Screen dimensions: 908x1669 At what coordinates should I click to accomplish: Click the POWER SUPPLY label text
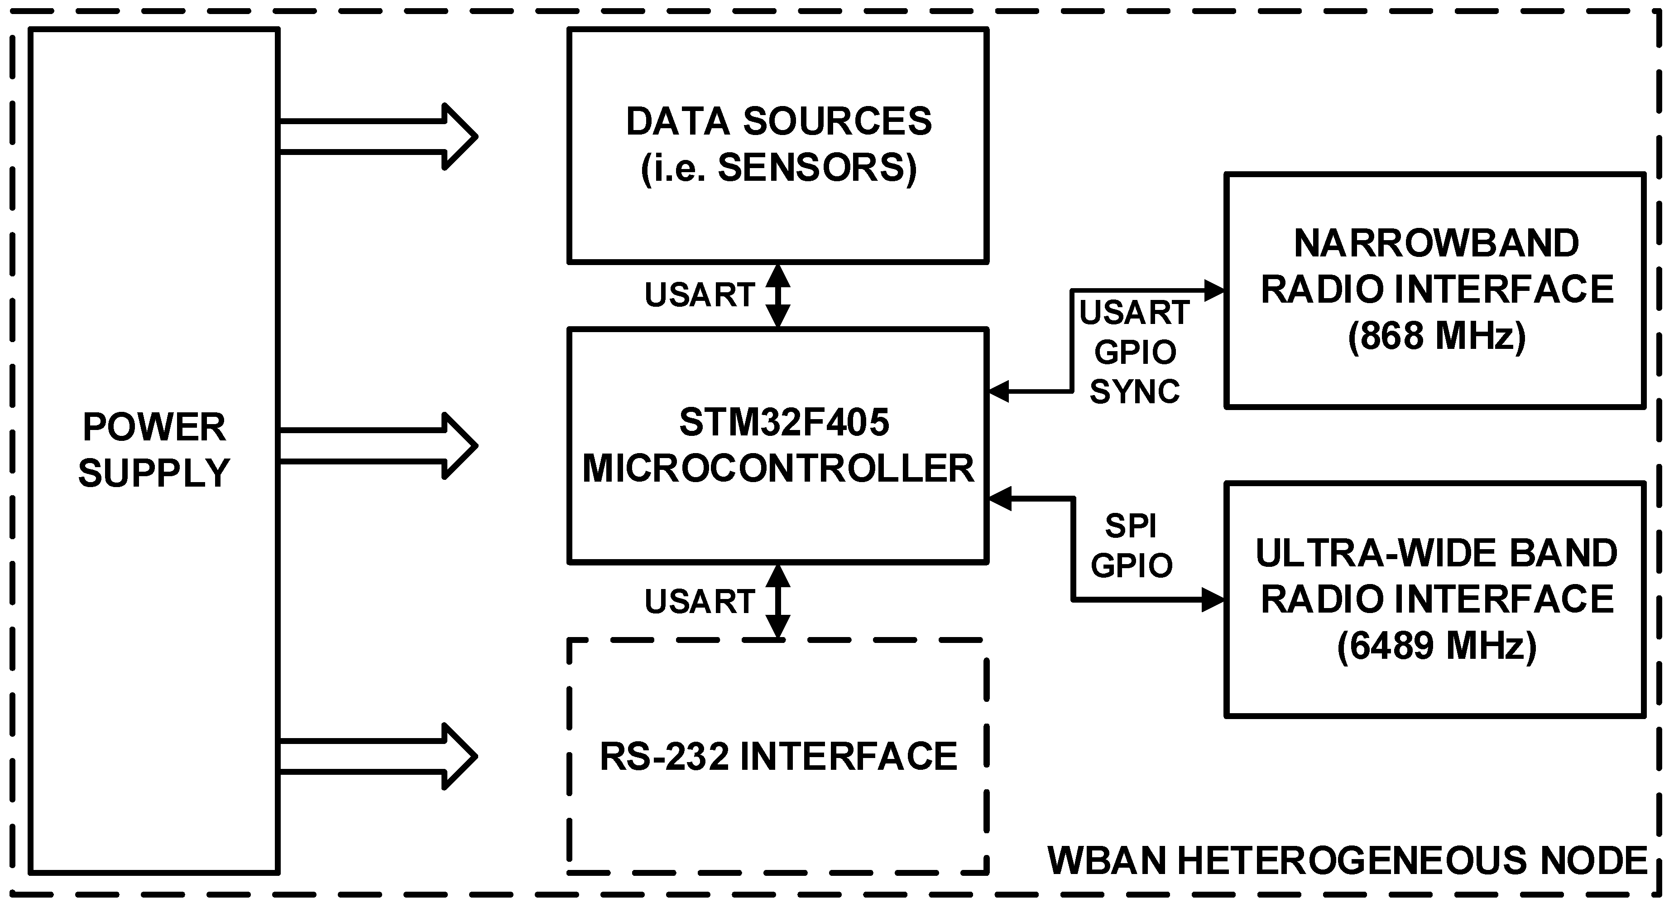[x=154, y=450]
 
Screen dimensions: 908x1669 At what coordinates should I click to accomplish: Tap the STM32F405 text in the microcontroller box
[x=784, y=423]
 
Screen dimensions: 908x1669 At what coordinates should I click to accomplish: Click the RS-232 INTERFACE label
[x=778, y=756]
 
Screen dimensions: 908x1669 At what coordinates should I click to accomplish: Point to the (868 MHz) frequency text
[x=1436, y=336]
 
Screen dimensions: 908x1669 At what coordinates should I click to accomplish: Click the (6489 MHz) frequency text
[x=1436, y=646]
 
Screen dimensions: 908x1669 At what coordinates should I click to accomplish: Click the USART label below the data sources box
[x=699, y=295]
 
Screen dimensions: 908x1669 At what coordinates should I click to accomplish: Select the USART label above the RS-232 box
[x=699, y=601]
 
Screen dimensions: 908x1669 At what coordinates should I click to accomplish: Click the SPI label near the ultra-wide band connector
[x=1131, y=526]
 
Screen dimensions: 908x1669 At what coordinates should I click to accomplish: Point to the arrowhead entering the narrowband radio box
[x=1213, y=290]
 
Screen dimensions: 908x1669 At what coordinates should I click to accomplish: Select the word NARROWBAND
[x=1436, y=244]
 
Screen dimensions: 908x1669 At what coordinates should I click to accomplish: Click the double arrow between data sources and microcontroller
[x=778, y=295]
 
